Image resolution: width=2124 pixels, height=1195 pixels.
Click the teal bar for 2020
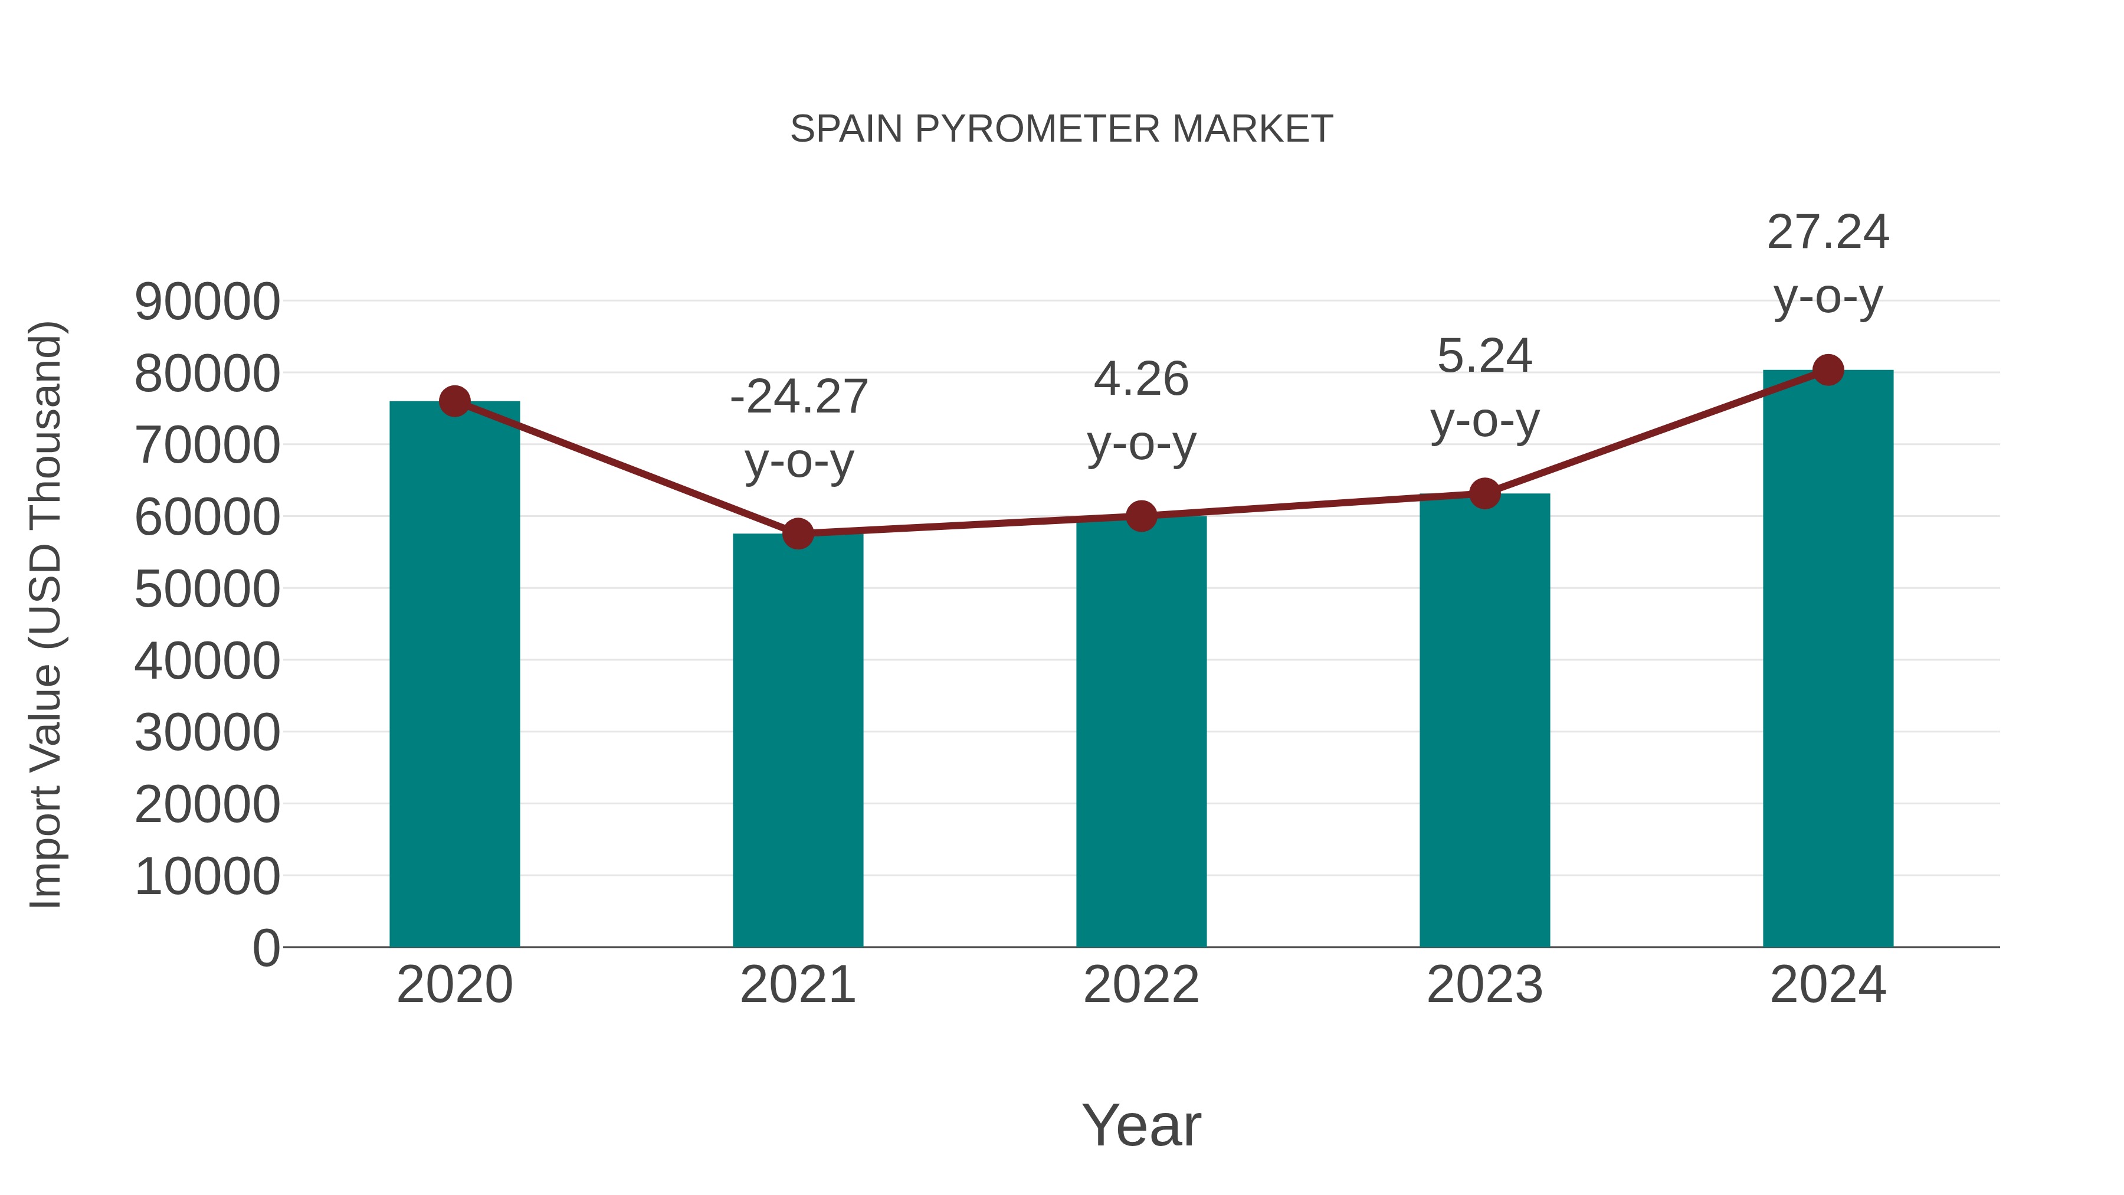pos(454,676)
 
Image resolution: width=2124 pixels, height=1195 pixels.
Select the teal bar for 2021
pos(797,742)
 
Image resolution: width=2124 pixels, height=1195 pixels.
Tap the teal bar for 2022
pos(1141,734)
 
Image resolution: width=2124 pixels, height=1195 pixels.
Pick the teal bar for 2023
pos(1484,722)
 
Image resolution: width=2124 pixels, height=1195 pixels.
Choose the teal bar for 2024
pos(1828,660)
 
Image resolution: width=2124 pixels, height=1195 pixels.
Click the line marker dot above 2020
pos(454,402)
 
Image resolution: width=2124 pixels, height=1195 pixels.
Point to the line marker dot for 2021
pos(797,533)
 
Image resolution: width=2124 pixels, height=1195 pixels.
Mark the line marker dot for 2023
pos(1484,494)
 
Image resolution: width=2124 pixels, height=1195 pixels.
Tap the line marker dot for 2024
pos(1828,370)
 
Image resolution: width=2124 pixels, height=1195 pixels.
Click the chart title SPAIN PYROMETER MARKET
pos(1061,129)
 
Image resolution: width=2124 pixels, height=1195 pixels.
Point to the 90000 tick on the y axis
pos(207,302)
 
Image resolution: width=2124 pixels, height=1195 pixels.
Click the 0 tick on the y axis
pos(265,948)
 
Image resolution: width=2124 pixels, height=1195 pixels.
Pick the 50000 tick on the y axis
pos(207,590)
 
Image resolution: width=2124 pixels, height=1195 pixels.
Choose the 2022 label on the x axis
pos(1141,986)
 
